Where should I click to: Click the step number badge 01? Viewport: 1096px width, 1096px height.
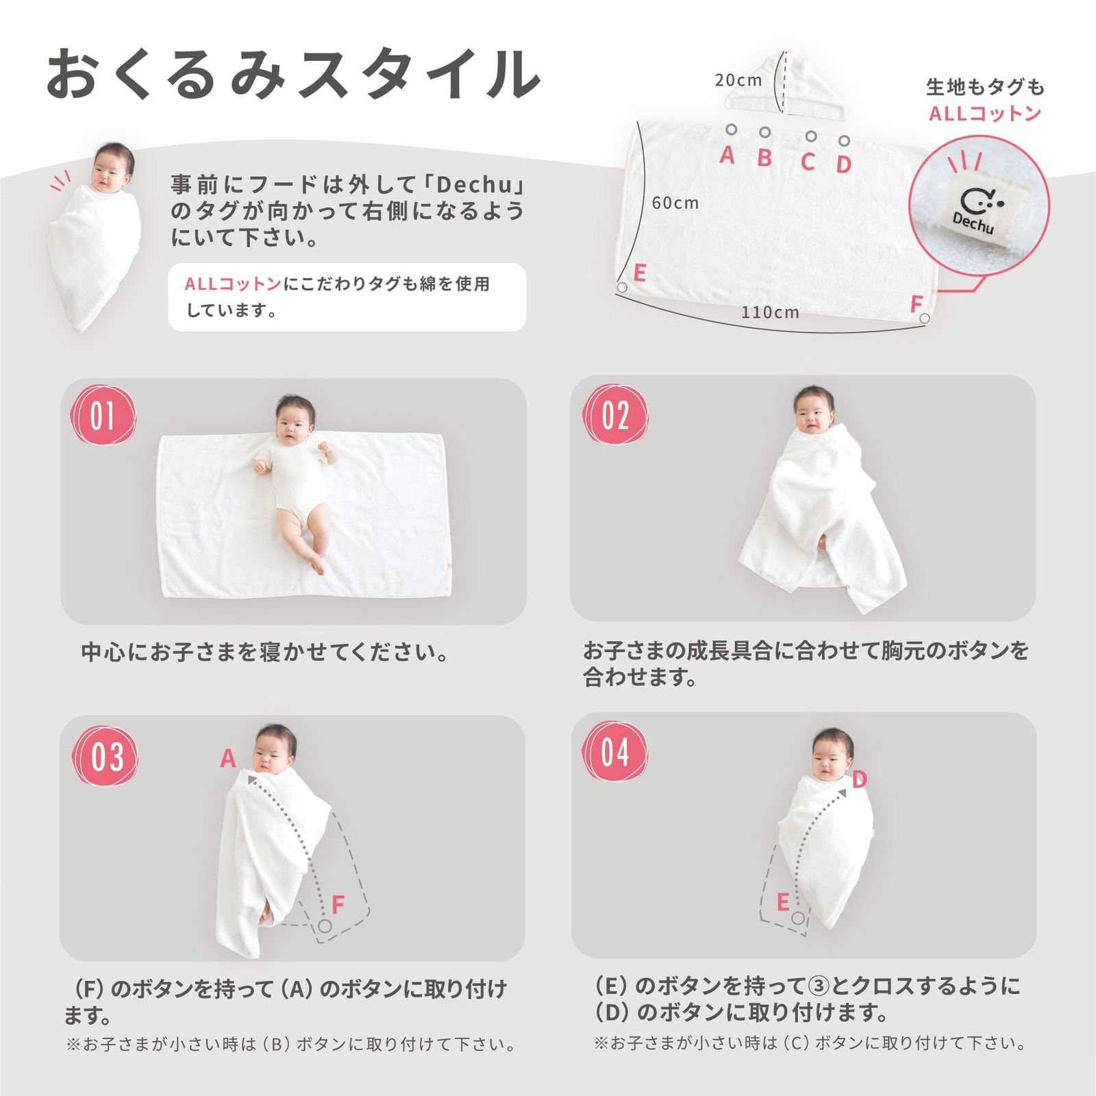103,416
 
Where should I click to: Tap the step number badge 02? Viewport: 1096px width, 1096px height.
614,415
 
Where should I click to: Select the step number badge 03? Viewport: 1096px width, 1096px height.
105,757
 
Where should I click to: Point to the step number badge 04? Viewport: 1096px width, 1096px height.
614,753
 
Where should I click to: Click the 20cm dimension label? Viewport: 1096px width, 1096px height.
738,80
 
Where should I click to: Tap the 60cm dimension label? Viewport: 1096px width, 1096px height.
675,203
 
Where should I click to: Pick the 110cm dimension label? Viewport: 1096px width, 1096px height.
770,312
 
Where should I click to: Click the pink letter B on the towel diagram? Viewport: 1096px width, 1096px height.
764,158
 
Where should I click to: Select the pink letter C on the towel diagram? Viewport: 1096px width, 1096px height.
808,162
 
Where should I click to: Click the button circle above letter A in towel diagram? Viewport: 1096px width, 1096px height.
732,129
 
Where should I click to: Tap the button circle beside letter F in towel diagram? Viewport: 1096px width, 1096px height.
925,318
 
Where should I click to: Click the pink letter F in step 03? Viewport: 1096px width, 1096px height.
337,905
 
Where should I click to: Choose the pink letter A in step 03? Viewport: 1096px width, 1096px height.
228,758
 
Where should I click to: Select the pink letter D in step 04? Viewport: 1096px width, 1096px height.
860,780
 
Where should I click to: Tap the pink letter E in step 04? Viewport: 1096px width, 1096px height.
783,902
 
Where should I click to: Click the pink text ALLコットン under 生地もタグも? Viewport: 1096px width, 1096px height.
985,114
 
